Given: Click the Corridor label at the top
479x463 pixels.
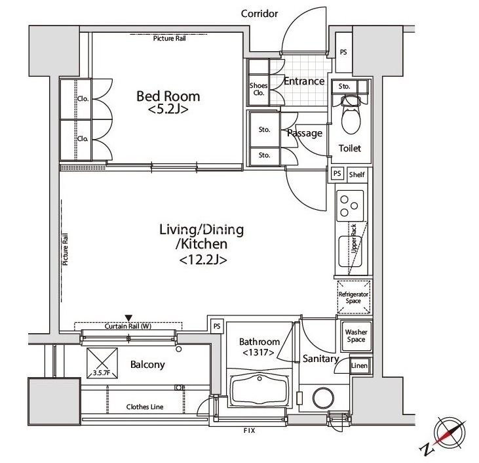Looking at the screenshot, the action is (x=259, y=14).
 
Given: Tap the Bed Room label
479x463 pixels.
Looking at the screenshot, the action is (x=168, y=96).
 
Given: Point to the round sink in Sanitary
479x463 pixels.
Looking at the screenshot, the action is (x=323, y=397).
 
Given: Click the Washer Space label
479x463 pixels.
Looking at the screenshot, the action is (x=356, y=336).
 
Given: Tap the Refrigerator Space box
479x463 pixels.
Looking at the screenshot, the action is (x=353, y=297).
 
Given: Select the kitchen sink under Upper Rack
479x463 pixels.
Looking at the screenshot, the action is (x=351, y=251).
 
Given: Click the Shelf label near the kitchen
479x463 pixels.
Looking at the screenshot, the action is (x=357, y=174).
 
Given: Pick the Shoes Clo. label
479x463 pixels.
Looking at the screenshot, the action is (x=258, y=89).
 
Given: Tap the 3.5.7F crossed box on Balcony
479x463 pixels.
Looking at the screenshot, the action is (x=102, y=363).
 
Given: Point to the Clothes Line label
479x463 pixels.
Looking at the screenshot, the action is (x=145, y=407).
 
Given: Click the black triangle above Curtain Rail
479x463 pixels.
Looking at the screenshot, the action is (x=128, y=318).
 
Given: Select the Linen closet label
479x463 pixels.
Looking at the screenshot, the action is (x=359, y=365).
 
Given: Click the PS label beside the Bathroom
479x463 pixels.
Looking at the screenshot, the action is (x=217, y=327).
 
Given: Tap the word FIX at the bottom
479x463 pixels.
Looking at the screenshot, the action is (x=249, y=431).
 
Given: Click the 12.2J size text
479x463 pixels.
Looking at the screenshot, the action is (x=203, y=260).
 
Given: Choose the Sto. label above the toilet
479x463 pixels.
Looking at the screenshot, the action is (x=344, y=87).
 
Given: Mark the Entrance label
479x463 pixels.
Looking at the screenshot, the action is (x=304, y=81).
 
